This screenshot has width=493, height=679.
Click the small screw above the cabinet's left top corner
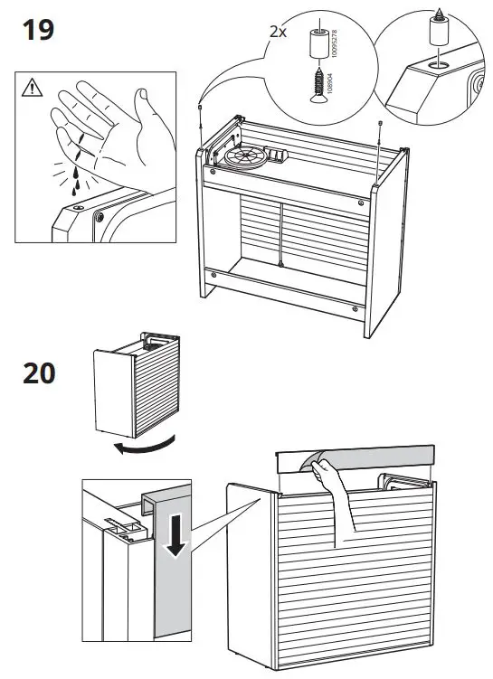199,106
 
